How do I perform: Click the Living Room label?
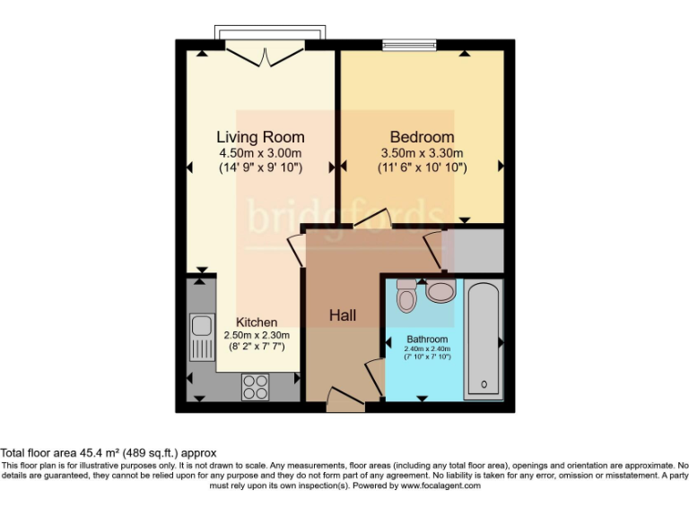coord(260,137)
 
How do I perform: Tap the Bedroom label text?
coord(421,137)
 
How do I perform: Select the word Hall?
coord(342,315)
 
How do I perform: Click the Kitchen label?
coord(256,322)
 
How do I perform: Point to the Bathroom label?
coord(427,340)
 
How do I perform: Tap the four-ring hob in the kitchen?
coord(255,386)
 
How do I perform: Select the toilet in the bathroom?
coord(406,296)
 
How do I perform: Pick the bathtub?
coord(484,339)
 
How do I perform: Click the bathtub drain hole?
coord(484,385)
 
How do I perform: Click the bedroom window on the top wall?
coord(408,43)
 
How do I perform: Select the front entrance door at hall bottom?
coord(345,400)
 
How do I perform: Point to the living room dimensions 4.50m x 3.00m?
coord(260,153)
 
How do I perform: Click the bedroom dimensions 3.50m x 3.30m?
coord(421,153)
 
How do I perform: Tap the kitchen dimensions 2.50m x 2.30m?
coord(256,336)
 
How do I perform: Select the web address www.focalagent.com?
coord(440,486)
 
